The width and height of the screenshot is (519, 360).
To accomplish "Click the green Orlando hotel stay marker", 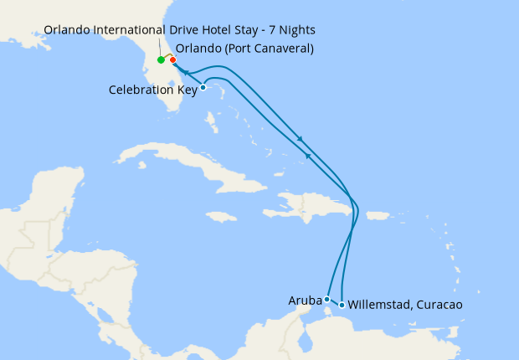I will [x=161, y=60].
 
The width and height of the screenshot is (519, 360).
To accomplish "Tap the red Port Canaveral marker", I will [x=172, y=59].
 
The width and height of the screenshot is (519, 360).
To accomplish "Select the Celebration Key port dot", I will [x=203, y=87].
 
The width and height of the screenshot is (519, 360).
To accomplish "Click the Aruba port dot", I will [x=326, y=299].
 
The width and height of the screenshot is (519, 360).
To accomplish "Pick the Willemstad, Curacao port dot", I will [x=342, y=304].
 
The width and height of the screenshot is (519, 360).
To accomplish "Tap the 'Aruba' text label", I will [x=305, y=299].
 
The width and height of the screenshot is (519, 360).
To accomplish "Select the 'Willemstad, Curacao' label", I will [x=404, y=305].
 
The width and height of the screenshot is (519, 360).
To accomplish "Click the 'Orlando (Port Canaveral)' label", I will [x=244, y=48].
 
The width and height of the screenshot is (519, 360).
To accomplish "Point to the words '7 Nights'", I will [x=292, y=30].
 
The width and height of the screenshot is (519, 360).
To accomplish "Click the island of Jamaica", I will [x=221, y=216].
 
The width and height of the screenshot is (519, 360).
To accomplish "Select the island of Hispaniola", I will [x=314, y=205].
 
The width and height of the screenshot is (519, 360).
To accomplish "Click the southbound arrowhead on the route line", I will [x=300, y=138].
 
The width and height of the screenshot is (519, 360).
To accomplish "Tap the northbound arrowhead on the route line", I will [x=307, y=155].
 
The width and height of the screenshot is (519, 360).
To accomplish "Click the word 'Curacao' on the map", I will [x=437, y=305].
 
